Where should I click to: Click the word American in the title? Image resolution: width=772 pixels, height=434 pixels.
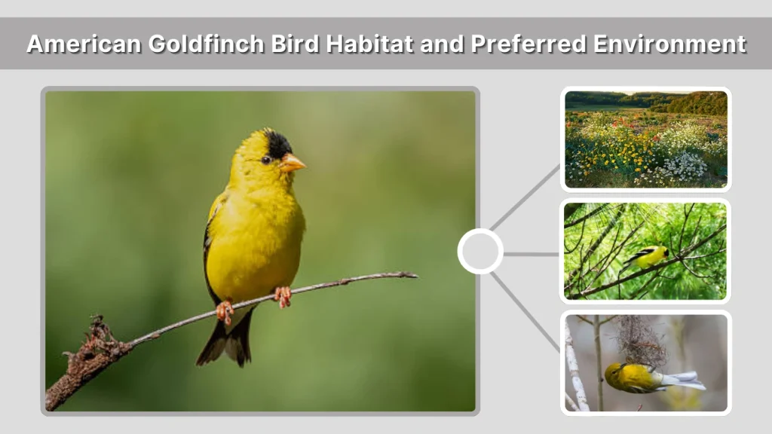(x=84, y=44)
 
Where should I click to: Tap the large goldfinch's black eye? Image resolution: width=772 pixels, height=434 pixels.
(x=266, y=159)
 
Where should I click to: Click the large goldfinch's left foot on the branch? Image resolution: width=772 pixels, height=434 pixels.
(x=225, y=310)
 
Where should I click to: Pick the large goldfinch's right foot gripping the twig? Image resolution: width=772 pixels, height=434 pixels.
(x=283, y=295)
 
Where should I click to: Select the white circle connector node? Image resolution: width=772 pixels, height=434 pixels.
(x=480, y=251)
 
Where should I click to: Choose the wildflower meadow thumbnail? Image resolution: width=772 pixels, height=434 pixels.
(x=646, y=139)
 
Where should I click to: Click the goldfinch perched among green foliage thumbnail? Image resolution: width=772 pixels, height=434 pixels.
(x=646, y=251)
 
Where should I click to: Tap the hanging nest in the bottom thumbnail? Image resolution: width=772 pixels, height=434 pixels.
(x=640, y=341)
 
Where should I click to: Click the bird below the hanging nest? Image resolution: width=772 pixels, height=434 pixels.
(x=641, y=377)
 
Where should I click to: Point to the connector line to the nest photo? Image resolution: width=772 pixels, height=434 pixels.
(x=525, y=310)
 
